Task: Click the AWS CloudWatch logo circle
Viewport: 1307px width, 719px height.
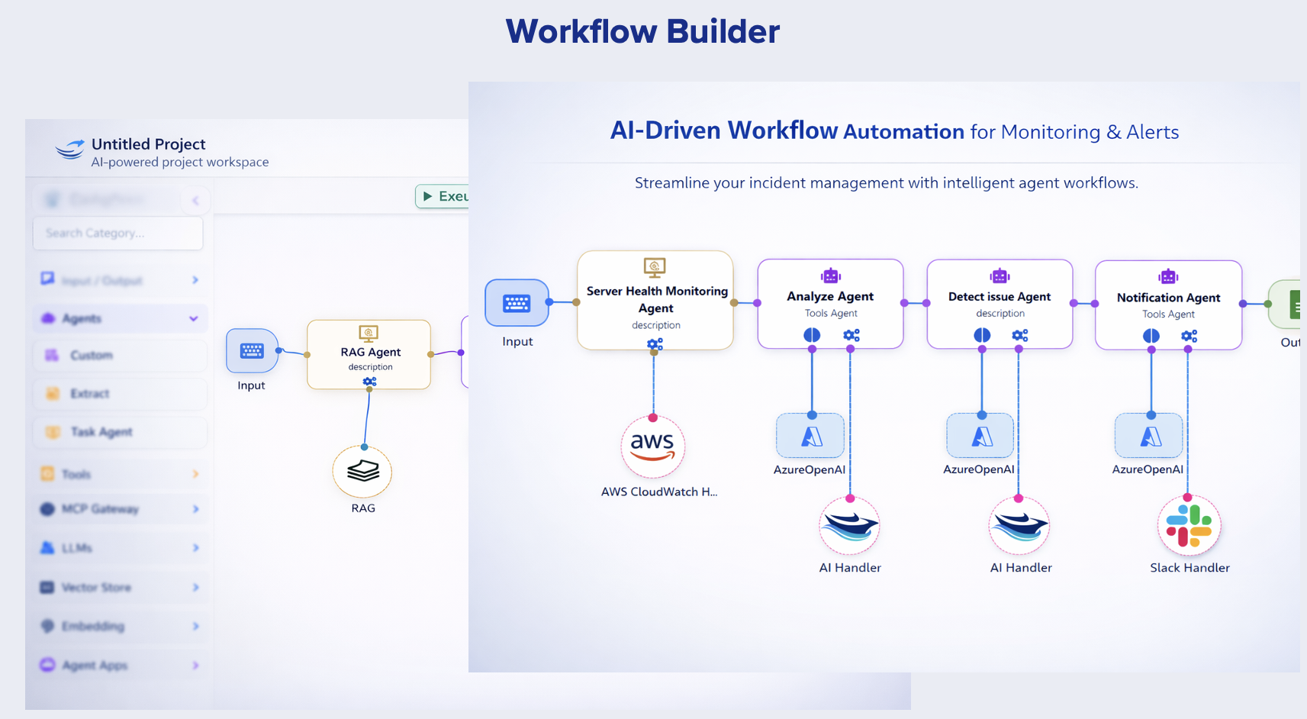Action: (652, 447)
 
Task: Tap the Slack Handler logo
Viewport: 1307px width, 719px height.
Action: (1189, 526)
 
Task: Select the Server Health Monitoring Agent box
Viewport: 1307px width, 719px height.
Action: (655, 300)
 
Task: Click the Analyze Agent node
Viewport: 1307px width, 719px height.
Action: (830, 303)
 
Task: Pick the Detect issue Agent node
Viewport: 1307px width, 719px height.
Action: (1000, 304)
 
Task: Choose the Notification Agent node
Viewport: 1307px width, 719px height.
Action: (1168, 305)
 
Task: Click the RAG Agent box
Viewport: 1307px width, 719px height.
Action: (369, 354)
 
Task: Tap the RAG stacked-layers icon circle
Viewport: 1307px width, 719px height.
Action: (362, 472)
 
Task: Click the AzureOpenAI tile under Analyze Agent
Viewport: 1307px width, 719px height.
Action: (810, 436)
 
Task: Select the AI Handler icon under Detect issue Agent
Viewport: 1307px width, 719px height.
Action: (1019, 526)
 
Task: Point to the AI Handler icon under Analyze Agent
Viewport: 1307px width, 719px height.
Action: (849, 526)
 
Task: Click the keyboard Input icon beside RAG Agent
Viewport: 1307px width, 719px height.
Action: (252, 351)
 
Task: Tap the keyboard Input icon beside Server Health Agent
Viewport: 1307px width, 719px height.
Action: (517, 303)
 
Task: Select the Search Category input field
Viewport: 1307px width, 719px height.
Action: (118, 233)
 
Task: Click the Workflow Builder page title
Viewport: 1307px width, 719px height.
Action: (642, 32)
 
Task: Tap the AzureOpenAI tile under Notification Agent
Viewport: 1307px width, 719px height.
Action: (1149, 436)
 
